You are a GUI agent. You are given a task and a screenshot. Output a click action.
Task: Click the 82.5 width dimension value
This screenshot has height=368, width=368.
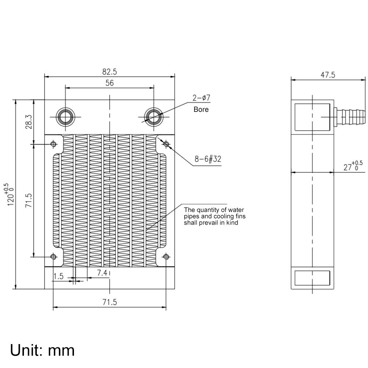[x=109, y=71]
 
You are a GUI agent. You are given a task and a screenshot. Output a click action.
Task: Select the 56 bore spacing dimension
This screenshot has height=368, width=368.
[x=109, y=83]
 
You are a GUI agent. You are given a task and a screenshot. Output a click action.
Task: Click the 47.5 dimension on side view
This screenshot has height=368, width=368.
[x=328, y=75]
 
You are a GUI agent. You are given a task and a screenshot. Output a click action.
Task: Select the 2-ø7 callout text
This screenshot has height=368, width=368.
[x=201, y=99]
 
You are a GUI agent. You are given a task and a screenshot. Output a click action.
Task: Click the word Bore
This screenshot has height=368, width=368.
[x=201, y=109]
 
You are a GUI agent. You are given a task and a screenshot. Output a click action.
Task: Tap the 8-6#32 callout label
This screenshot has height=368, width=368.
[x=208, y=159]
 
